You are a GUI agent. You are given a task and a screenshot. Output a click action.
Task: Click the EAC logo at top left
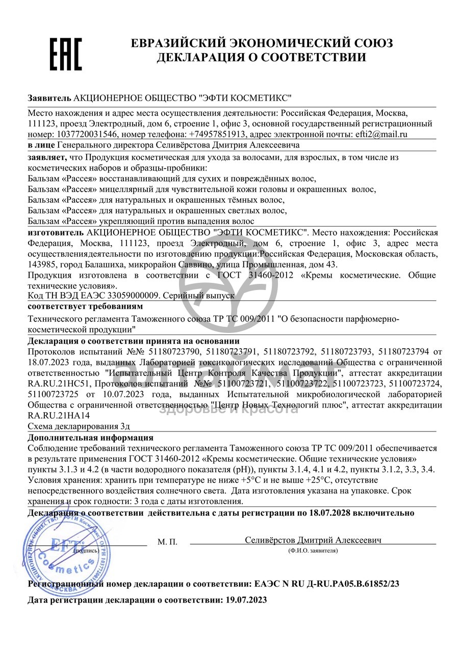coord(65,53)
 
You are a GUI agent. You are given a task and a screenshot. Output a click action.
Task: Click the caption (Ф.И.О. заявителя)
coord(313,550)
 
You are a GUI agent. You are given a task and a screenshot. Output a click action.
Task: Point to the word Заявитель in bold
coord(49,98)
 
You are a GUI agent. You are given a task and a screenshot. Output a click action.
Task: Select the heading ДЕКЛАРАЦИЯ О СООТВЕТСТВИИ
coord(261,57)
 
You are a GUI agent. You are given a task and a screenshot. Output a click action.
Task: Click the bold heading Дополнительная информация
coord(90,438)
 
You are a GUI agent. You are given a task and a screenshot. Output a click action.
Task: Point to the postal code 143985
coord(42,264)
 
